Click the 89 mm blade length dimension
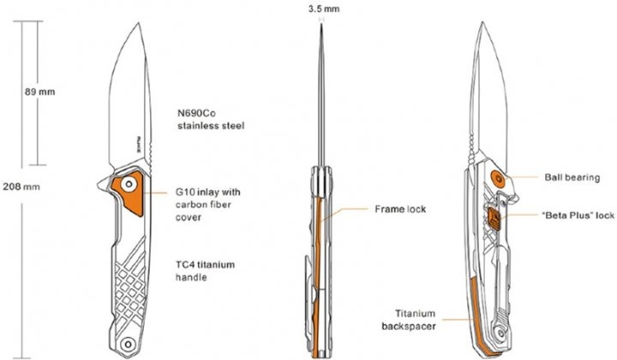pyautogui.click(x=39, y=92)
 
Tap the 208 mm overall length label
pyautogui.click(x=21, y=187)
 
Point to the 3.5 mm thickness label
pyautogui.click(x=324, y=9)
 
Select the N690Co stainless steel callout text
pyautogui.click(x=211, y=120)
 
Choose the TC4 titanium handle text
pyautogui.click(x=205, y=271)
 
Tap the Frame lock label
pyautogui.click(x=400, y=209)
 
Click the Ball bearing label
pyautogui.click(x=572, y=177)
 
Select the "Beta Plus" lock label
pyautogui.click(x=578, y=215)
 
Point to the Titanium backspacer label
pyautogui.click(x=410, y=320)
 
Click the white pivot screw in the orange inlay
pyautogui.click(x=129, y=184)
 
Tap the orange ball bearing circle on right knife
pyautogui.click(x=499, y=179)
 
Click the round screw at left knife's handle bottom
pyautogui.click(x=128, y=345)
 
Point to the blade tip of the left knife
pyautogui.click(x=139, y=23)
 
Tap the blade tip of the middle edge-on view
pyautogui.click(x=322, y=24)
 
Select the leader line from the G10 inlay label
pyautogui.click(x=156, y=193)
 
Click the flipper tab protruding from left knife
pyautogui.click(x=105, y=183)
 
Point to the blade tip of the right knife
pyautogui.click(x=482, y=23)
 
